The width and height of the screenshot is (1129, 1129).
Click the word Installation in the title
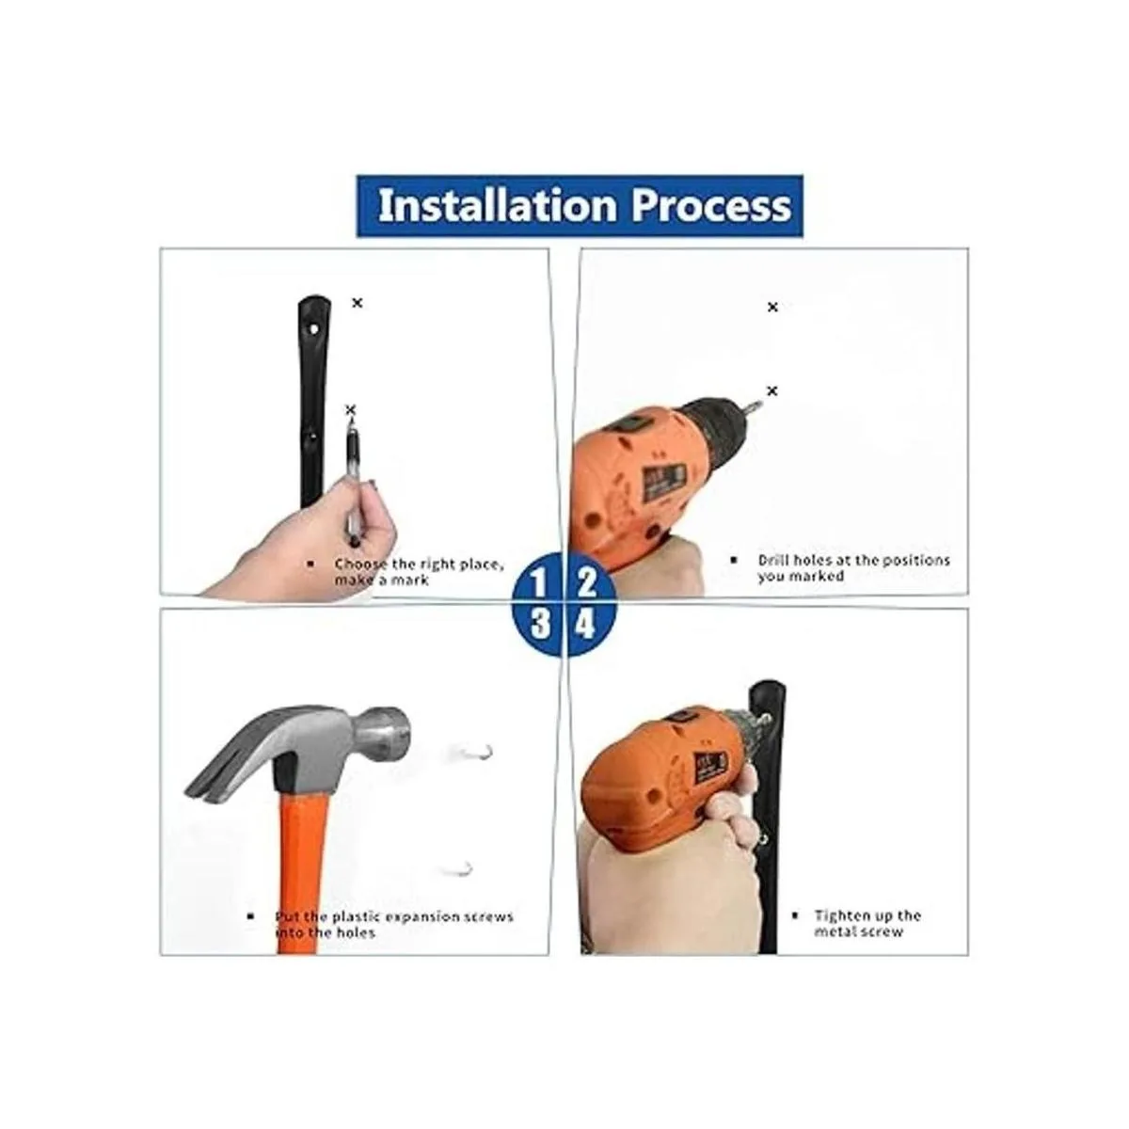[498, 206]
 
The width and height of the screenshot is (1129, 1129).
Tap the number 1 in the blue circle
[538, 583]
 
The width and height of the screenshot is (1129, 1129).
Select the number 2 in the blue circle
[586, 583]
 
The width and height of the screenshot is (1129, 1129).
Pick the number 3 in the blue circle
[540, 625]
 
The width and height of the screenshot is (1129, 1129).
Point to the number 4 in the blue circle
[585, 625]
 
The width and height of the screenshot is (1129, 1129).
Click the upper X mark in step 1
[357, 303]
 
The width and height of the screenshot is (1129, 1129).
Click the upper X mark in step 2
[772, 307]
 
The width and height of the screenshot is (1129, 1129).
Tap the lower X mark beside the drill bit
[772, 390]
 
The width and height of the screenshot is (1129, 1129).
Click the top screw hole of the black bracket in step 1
[314, 330]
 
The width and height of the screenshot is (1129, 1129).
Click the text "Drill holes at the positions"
[853, 560]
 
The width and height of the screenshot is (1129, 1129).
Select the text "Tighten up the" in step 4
[867, 915]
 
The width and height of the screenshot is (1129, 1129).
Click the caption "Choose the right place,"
[419, 564]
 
